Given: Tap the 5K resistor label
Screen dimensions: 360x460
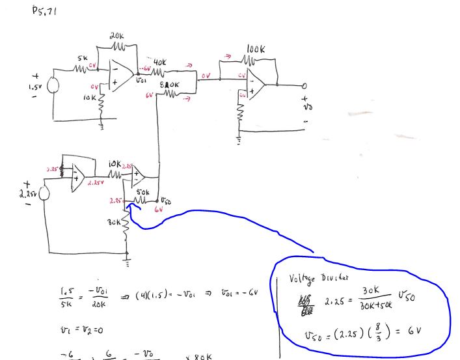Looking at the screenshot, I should pos(83,58).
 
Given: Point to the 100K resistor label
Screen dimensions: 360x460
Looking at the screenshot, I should pos(256,49).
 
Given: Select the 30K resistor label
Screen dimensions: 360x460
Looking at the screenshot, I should pos(112,222).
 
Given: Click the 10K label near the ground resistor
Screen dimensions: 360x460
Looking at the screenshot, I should pos(90,98).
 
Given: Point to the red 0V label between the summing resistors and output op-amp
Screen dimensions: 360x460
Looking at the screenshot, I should pos(206,76).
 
